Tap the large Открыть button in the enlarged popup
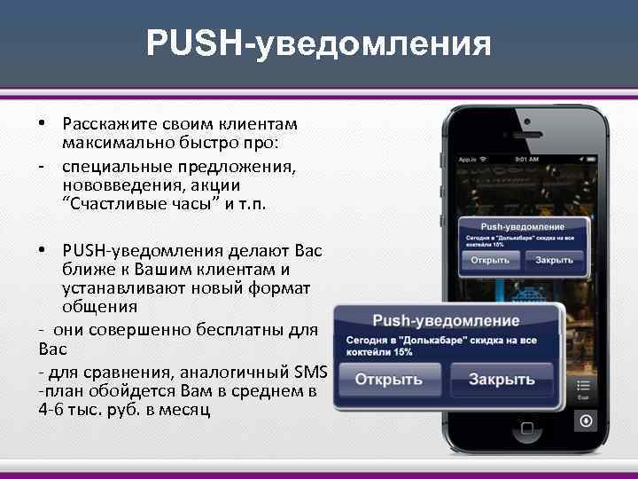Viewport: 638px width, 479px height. coord(388,379)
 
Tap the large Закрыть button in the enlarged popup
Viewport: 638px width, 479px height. coord(501,379)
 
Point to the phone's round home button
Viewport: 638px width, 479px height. coord(520,452)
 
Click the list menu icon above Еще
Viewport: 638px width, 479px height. coord(584,386)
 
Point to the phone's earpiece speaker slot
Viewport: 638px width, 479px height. coord(521,131)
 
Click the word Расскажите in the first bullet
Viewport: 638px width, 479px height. coord(103,123)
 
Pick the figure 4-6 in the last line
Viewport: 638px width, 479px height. coord(52,411)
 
